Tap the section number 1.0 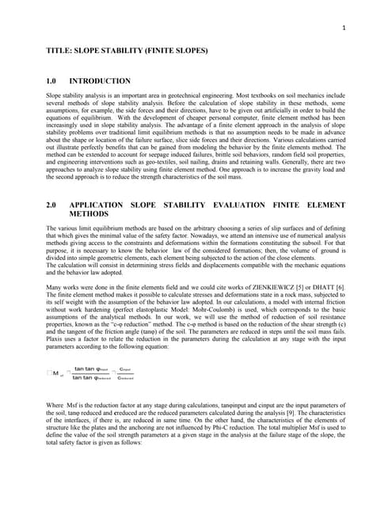pyautogui.click(x=53, y=81)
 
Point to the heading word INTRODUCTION pyautogui.click(x=100, y=81)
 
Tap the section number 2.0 pyautogui.click(x=53, y=205)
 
